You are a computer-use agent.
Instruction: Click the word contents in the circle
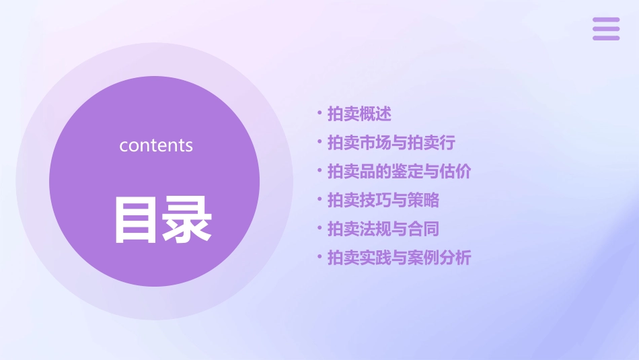(x=156, y=145)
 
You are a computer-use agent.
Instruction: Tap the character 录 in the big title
(x=187, y=219)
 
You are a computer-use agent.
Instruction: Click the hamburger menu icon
(x=606, y=29)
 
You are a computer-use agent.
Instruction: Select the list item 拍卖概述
(x=359, y=114)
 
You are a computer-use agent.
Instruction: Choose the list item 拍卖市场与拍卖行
(x=391, y=143)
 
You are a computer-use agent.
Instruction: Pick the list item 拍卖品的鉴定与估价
(x=399, y=172)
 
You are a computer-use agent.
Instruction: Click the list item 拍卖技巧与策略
(x=383, y=200)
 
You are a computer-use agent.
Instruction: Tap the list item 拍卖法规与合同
(x=383, y=229)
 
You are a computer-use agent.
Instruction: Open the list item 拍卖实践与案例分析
(x=399, y=258)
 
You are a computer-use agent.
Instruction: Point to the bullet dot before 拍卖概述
(x=319, y=113)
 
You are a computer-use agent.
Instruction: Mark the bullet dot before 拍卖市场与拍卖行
(x=319, y=142)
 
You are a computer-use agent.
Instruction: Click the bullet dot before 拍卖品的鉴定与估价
(x=319, y=171)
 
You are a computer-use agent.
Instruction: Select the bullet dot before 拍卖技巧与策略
(x=319, y=199)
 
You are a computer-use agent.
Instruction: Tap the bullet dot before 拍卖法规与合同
(x=319, y=228)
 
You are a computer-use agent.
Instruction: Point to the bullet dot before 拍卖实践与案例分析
(x=319, y=257)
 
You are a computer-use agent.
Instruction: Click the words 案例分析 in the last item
(x=439, y=258)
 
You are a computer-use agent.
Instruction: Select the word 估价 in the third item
(x=455, y=172)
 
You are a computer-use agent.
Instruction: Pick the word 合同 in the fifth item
(x=423, y=229)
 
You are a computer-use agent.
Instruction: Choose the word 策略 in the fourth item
(x=423, y=200)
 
